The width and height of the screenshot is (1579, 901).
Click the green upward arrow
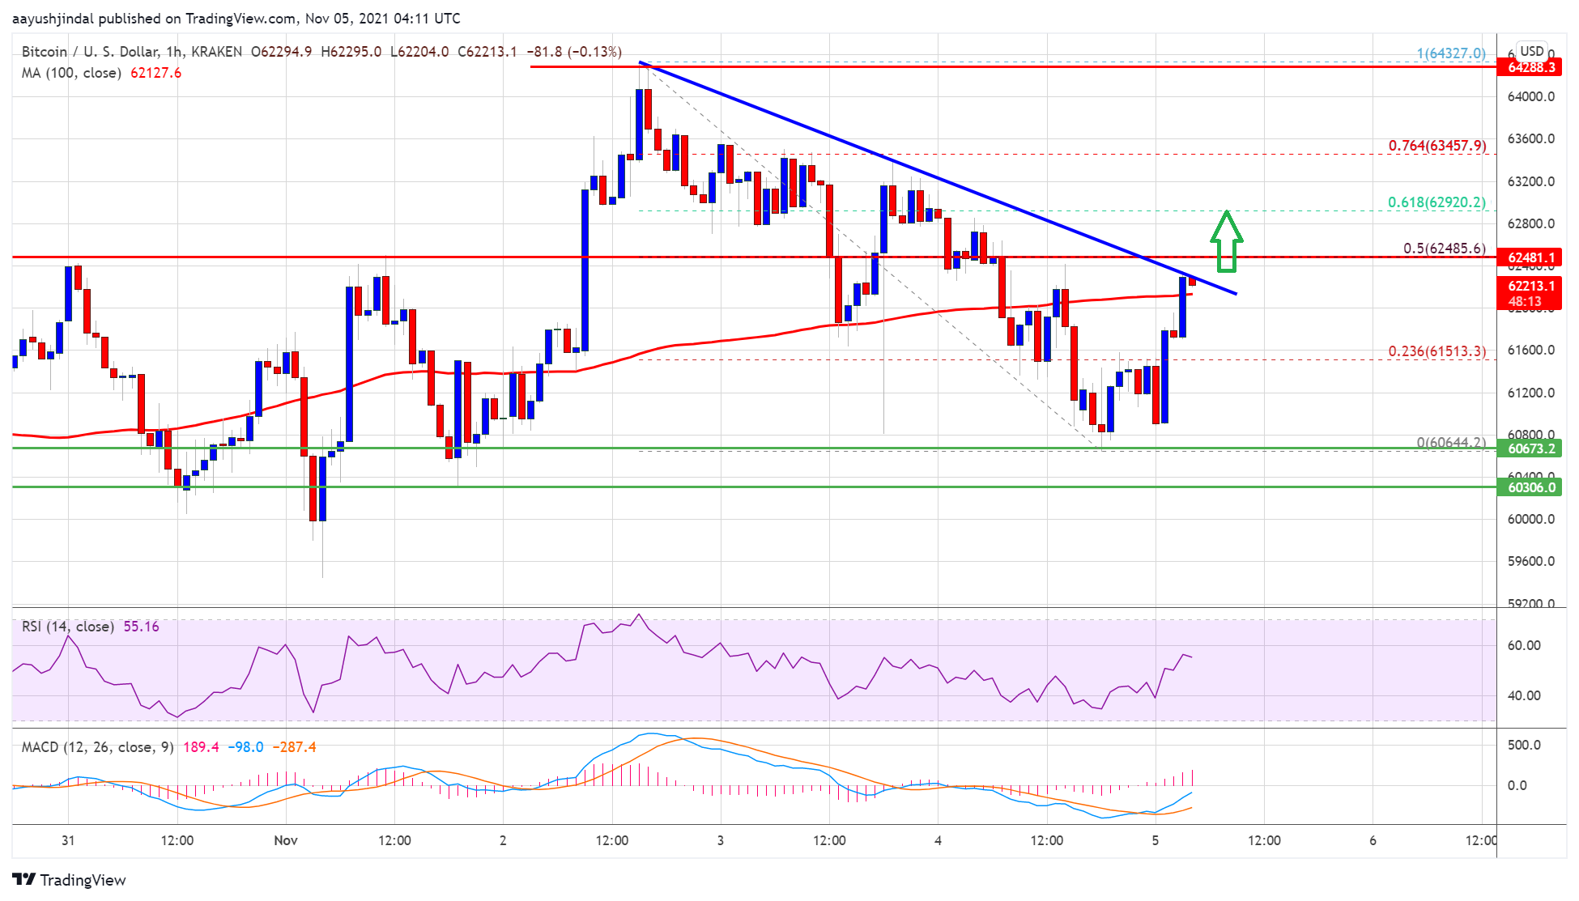pyautogui.click(x=1227, y=240)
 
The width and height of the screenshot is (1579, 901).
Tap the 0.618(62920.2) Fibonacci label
pyautogui.click(x=1436, y=202)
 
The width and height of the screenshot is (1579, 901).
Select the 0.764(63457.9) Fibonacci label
pyautogui.click(x=1436, y=146)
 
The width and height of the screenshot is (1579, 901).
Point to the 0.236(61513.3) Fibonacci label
pyautogui.click(x=1436, y=351)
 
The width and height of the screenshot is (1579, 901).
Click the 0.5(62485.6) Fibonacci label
pyautogui.click(x=1444, y=249)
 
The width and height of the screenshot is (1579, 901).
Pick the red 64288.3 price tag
pyautogui.click(x=1531, y=67)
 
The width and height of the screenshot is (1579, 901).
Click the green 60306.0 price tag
pyautogui.click(x=1531, y=487)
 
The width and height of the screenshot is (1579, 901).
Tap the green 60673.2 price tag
pyautogui.click(x=1531, y=448)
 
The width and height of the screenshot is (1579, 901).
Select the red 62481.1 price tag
pyautogui.click(x=1531, y=258)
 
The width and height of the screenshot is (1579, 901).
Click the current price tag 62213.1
pyautogui.click(x=1531, y=286)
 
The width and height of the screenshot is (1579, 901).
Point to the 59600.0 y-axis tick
pyautogui.click(x=1530, y=561)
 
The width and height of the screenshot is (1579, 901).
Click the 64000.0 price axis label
pyautogui.click(x=1530, y=96)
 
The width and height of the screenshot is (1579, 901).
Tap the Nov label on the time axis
pyautogui.click(x=286, y=840)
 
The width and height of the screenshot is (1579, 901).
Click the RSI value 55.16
pyautogui.click(x=141, y=627)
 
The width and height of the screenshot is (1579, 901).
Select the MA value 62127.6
pyautogui.click(x=155, y=73)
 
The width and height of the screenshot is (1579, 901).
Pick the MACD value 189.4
pyautogui.click(x=201, y=746)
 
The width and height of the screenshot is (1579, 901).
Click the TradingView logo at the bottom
pyautogui.click(x=70, y=880)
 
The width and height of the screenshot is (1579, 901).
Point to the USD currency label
pyautogui.click(x=1531, y=51)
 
